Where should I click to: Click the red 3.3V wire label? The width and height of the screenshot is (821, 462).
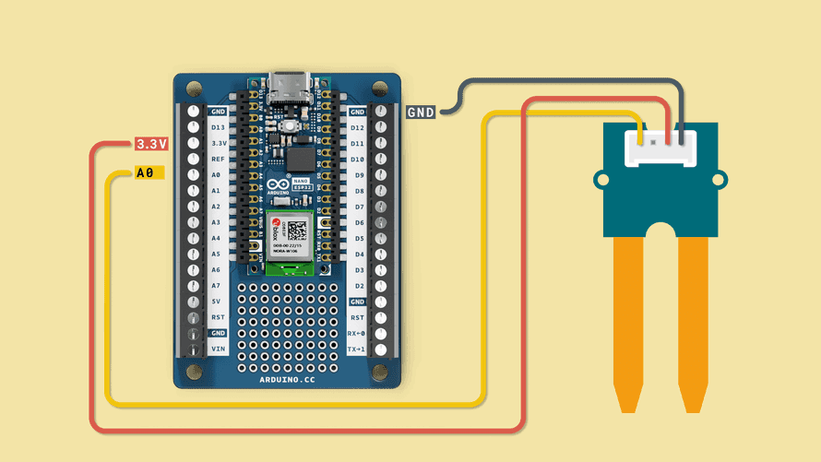(151, 144)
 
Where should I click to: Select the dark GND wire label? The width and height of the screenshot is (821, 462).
(421, 112)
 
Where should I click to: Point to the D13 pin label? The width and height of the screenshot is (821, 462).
(218, 127)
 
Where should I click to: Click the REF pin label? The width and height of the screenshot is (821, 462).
(218, 159)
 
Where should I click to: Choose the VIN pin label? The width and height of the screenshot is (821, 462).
(218, 349)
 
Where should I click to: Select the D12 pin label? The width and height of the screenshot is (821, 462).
(357, 127)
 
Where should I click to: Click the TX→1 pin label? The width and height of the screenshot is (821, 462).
(357, 349)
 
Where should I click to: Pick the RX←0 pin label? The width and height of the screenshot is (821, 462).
(357, 333)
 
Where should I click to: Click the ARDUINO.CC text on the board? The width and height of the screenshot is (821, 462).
(287, 377)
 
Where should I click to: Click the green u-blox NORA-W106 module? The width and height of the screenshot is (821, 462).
(291, 242)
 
